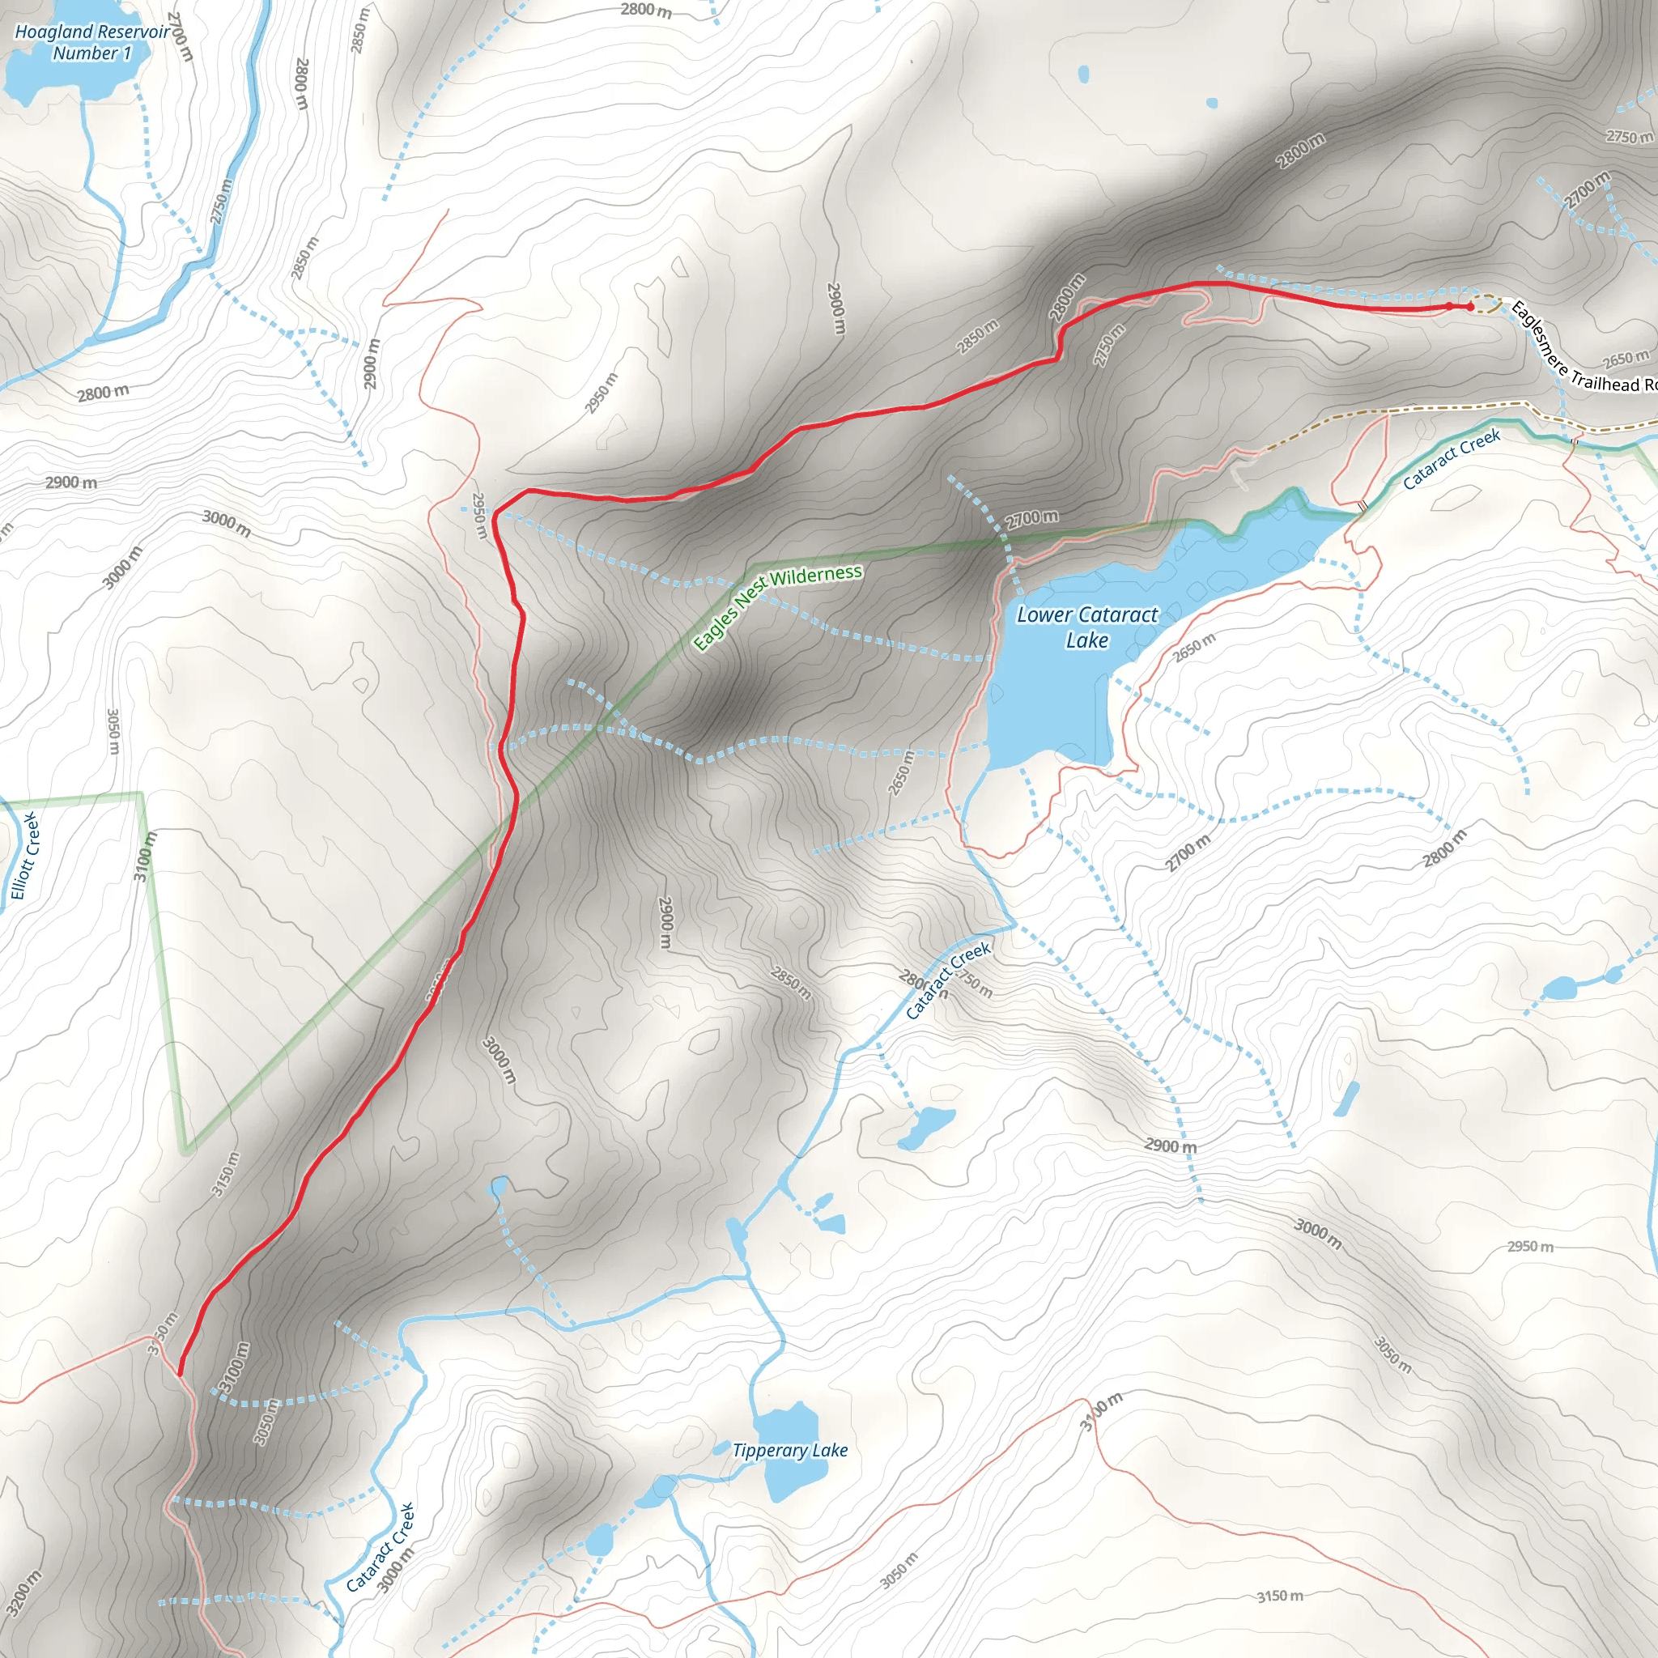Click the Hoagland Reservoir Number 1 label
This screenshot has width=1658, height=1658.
[91, 42]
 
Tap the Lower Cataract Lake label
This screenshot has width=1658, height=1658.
[1086, 627]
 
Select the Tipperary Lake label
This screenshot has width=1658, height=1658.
[789, 1449]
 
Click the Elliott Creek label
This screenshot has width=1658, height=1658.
[25, 856]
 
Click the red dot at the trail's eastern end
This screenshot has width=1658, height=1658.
[1469, 306]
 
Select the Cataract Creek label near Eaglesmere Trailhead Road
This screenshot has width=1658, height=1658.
[1452, 458]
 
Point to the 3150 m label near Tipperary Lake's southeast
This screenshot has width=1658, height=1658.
[1280, 1596]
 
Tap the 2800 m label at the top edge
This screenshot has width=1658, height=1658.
[645, 11]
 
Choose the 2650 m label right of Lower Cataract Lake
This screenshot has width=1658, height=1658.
[1194, 647]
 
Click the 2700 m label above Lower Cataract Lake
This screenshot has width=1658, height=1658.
[1031, 517]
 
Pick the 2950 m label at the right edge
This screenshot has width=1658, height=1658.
[1530, 1246]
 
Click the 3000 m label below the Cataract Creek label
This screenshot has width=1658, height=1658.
[396, 1570]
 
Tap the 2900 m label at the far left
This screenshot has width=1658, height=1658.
[71, 483]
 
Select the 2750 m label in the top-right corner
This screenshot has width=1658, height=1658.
[1629, 137]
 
